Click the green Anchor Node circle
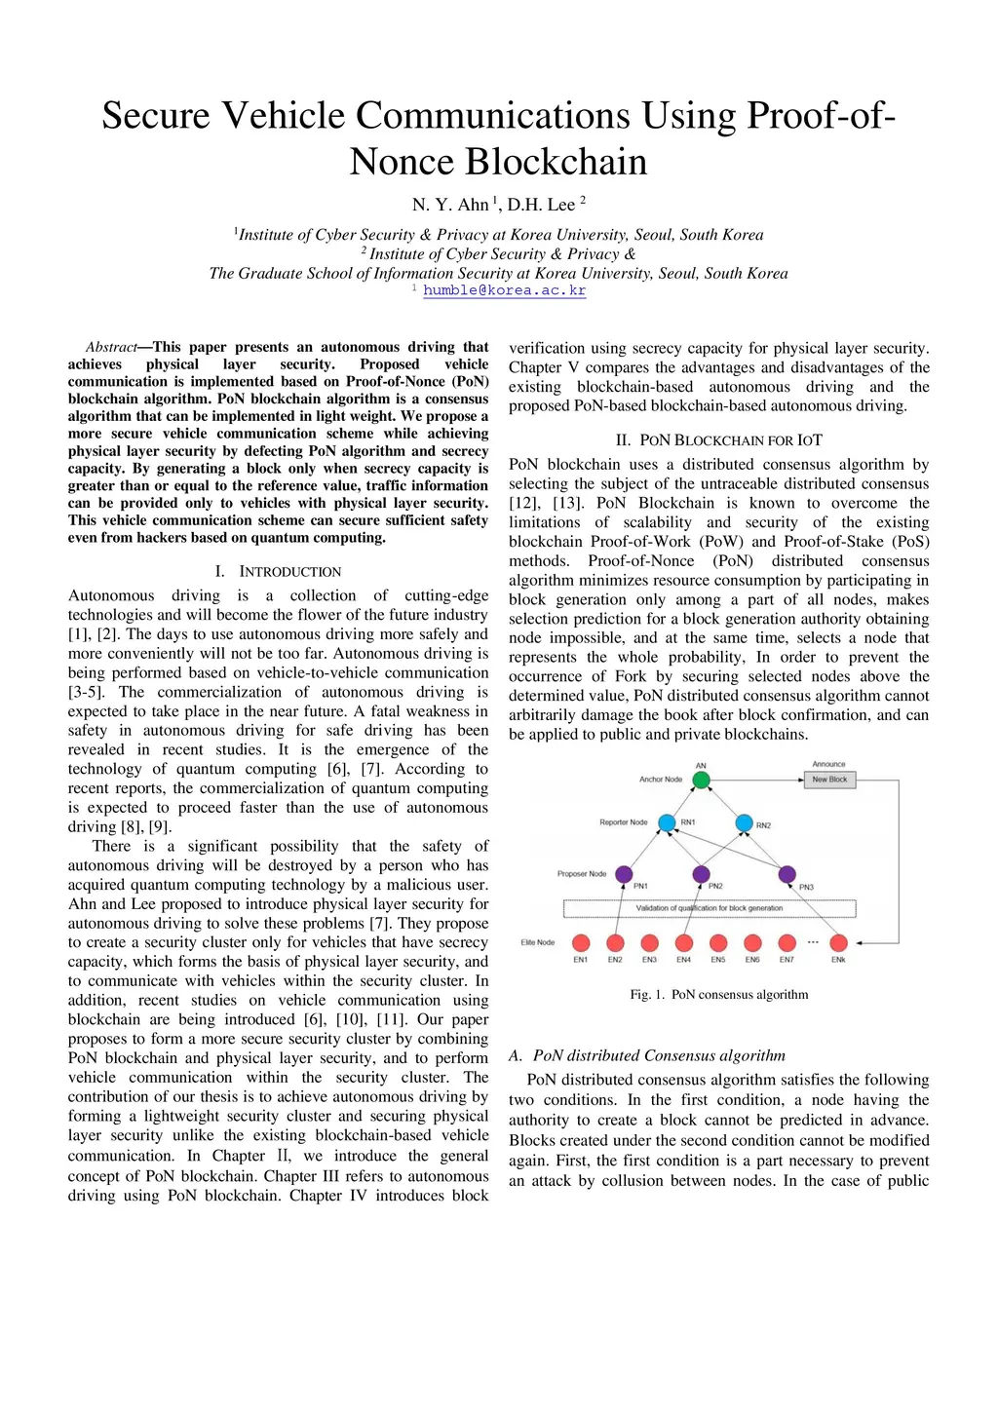[x=701, y=780]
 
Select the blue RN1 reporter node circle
[x=667, y=823]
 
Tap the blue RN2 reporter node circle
[x=744, y=823]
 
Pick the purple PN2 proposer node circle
[x=701, y=874]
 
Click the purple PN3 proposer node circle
[x=787, y=874]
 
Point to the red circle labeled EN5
[x=718, y=942]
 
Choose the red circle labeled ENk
[x=838, y=942]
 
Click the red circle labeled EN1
[x=581, y=942]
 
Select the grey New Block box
[x=829, y=780]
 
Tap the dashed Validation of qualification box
[x=710, y=908]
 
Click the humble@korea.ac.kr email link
[x=504, y=290]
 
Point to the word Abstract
[x=111, y=347]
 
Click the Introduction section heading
[x=278, y=571]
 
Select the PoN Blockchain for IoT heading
[x=718, y=440]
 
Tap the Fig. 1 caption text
[x=718, y=995]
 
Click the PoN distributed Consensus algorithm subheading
[x=647, y=1055]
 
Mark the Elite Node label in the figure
[x=537, y=942]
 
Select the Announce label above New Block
[x=828, y=764]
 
